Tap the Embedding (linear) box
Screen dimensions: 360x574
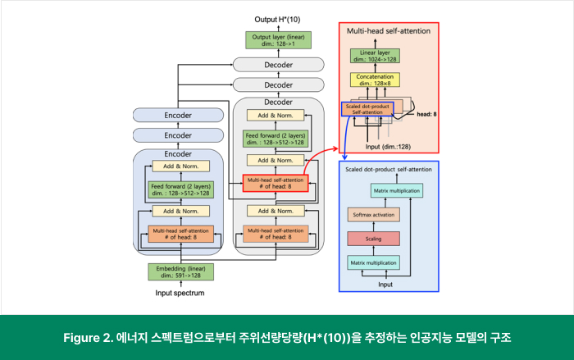coord(180,271)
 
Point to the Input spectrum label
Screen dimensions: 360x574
coord(180,292)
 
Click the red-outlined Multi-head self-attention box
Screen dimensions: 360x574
coord(274,184)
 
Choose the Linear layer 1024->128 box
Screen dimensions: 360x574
coord(379,56)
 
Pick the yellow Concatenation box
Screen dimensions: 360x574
coord(379,80)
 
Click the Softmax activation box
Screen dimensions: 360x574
coord(373,215)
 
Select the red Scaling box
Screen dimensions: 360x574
coord(373,239)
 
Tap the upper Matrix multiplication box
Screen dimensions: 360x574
coord(397,191)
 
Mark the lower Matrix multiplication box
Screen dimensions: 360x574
coord(373,263)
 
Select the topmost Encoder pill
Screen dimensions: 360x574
coord(178,116)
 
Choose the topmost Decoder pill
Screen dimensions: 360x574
coord(277,64)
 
